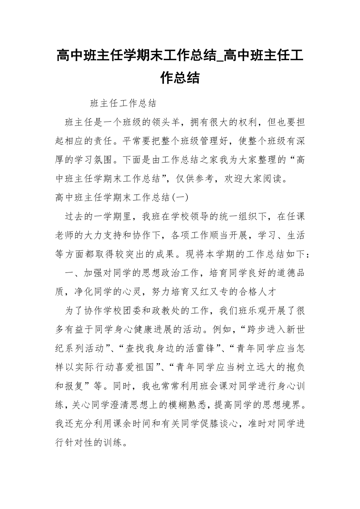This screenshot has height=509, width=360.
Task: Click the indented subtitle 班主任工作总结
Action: click(x=123, y=103)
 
